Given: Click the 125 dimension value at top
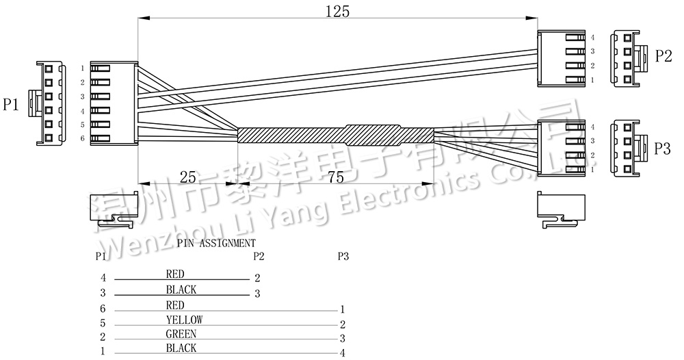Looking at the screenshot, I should [x=337, y=11].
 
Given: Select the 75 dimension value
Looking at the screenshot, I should [x=336, y=177].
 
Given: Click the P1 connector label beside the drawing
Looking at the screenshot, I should [x=11, y=105].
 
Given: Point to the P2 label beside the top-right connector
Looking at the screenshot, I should [x=663, y=56].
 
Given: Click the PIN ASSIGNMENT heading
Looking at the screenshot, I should [x=216, y=242].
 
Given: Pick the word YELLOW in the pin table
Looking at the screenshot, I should [x=184, y=320].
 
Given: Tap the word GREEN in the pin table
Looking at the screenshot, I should [x=181, y=334].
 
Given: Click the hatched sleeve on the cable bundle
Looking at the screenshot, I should [x=335, y=134].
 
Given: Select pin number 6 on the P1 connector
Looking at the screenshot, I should [x=82, y=139].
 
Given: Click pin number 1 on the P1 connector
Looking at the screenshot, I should [x=82, y=68].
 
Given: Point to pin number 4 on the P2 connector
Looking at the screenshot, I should [x=592, y=37].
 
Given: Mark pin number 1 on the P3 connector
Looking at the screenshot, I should [x=592, y=169].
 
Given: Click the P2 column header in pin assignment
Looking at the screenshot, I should [x=258, y=257].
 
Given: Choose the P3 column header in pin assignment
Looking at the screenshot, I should [x=343, y=257].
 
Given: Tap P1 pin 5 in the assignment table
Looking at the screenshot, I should [x=103, y=323].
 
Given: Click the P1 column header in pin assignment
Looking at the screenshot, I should [x=101, y=257].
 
